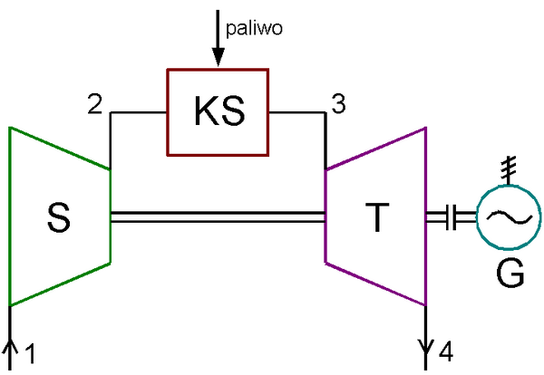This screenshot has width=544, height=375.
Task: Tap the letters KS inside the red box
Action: pyautogui.click(x=219, y=111)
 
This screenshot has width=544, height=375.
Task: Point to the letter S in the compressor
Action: pyautogui.click(x=60, y=217)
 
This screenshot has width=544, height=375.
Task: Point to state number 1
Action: pyautogui.click(x=31, y=354)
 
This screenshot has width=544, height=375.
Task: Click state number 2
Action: pyautogui.click(x=95, y=104)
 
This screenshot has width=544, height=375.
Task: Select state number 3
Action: pyautogui.click(x=338, y=104)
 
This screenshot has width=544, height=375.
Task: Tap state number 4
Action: pyautogui.click(x=444, y=350)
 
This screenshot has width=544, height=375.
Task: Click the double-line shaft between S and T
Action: pyautogui.click(x=218, y=216)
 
